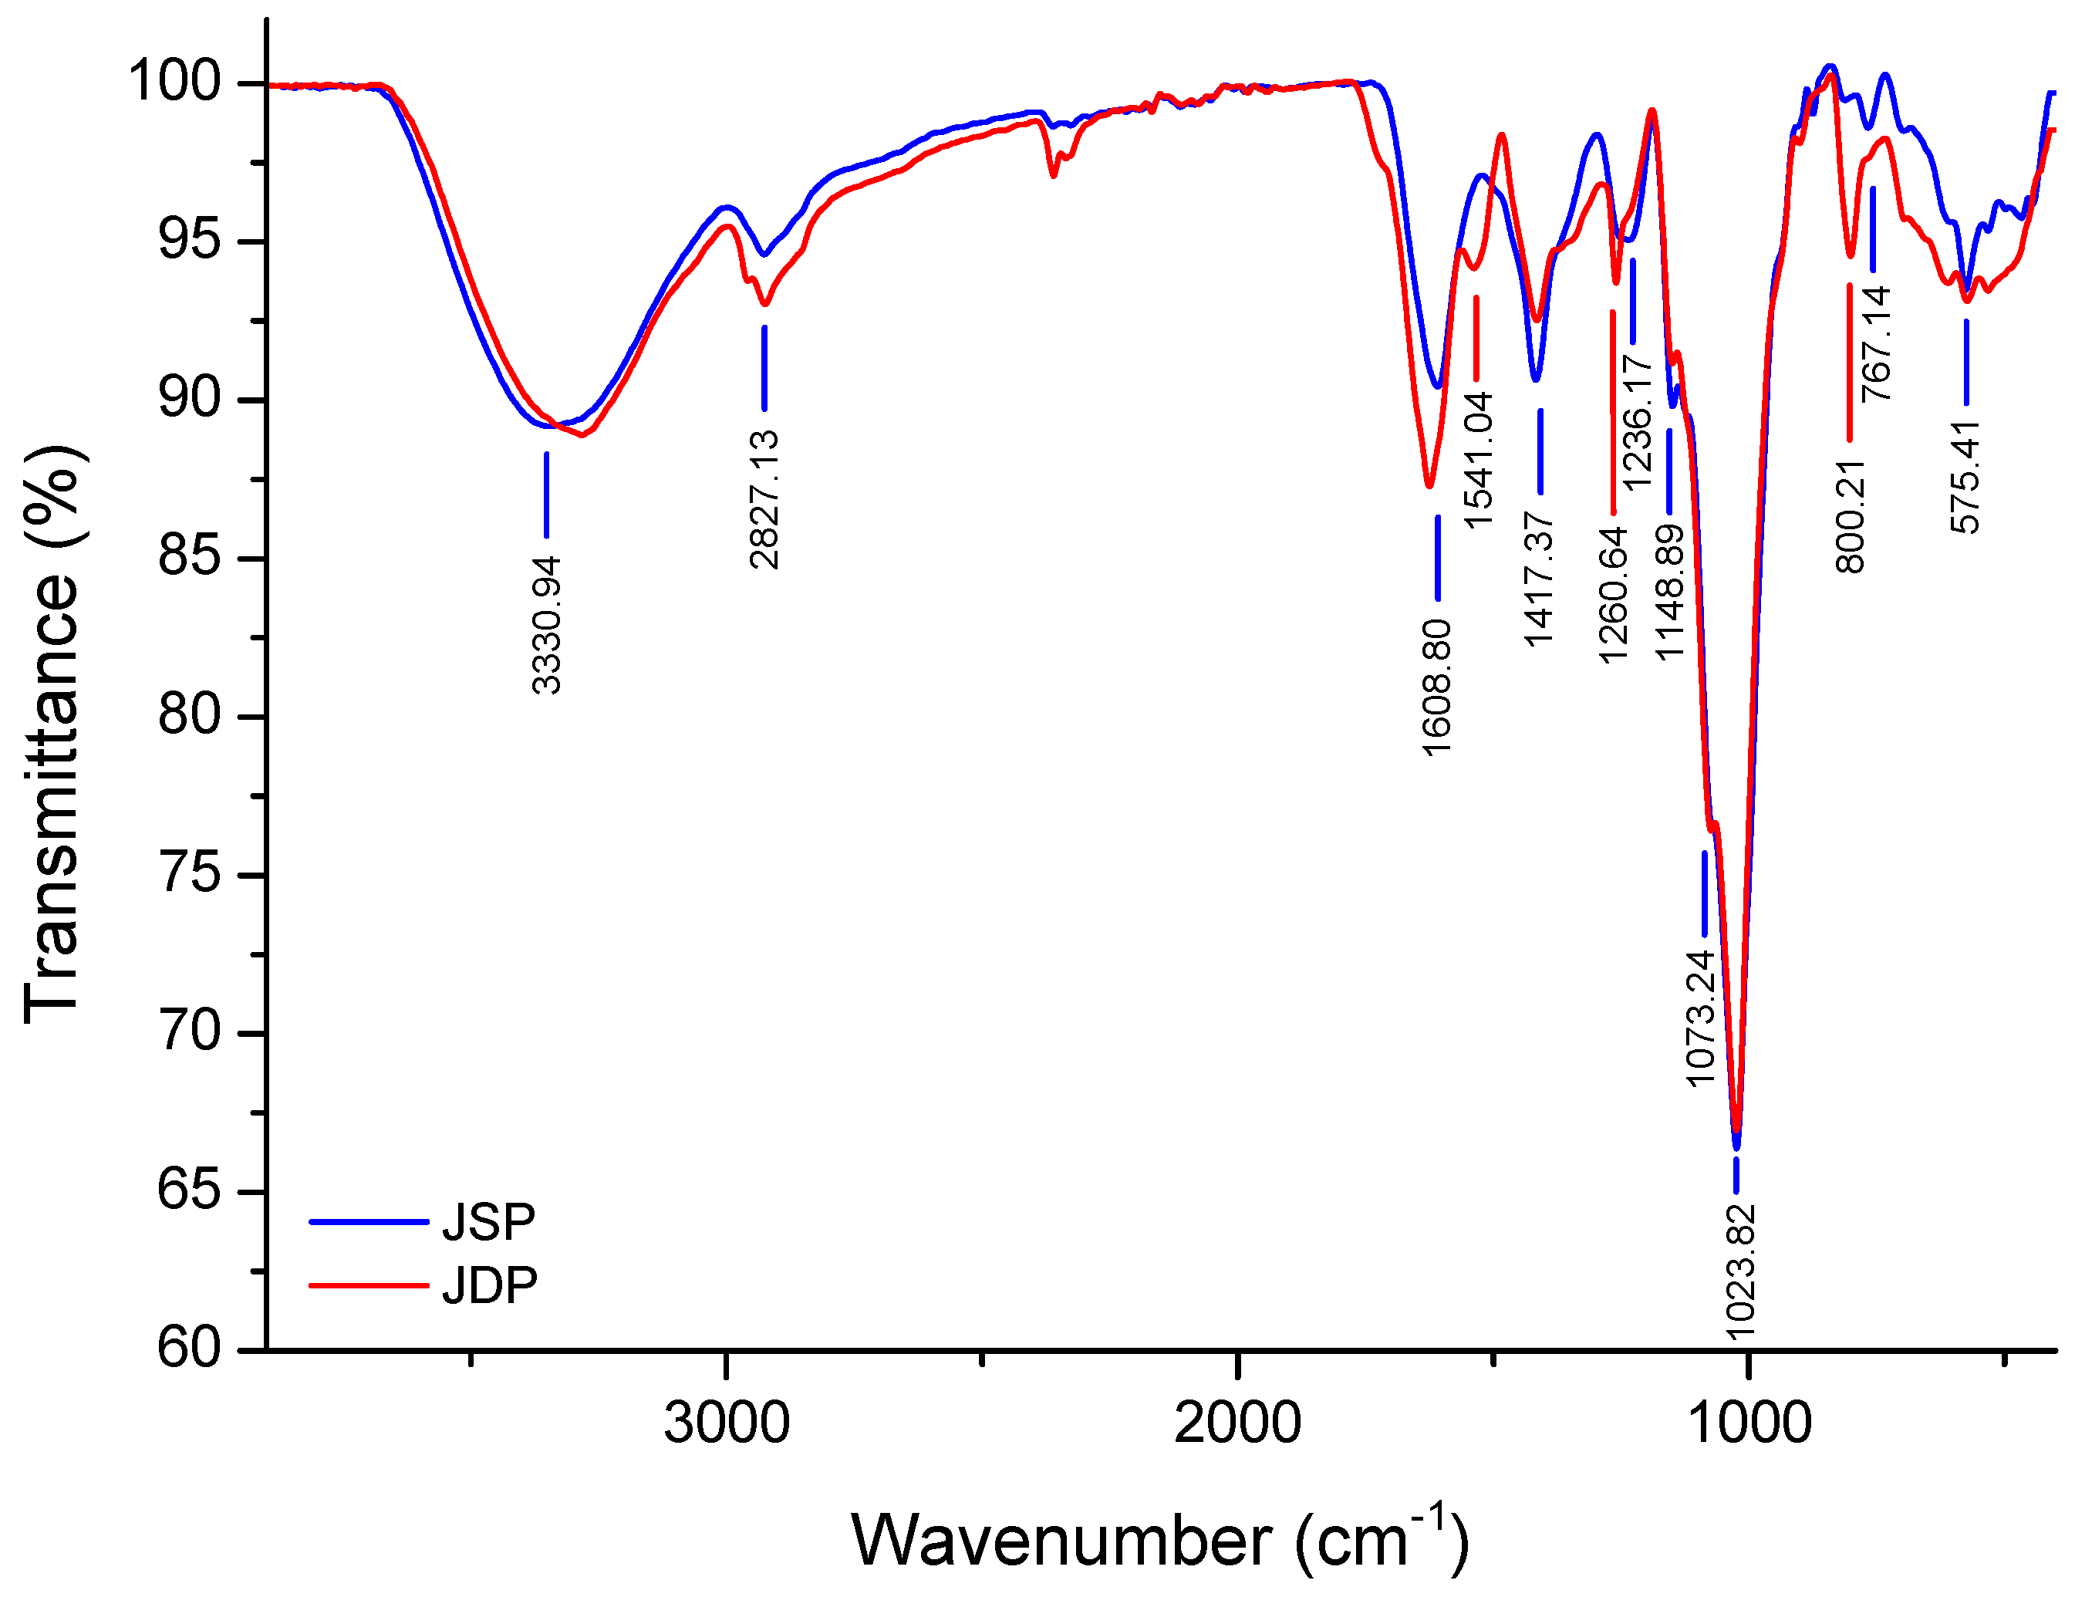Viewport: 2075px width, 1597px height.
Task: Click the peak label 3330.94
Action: (546, 625)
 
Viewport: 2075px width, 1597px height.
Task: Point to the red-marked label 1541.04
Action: (1479, 460)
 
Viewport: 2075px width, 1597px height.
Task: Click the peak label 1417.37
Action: (1538, 579)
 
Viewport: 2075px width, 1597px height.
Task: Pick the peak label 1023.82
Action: (1739, 1271)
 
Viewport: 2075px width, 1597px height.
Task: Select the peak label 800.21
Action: (1850, 517)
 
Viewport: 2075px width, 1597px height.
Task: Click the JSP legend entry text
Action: (488, 1222)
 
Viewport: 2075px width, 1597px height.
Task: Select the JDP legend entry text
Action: (489, 1285)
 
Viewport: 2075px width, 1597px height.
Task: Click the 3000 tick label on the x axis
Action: (726, 1422)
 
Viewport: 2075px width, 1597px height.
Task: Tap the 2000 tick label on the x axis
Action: (1237, 1422)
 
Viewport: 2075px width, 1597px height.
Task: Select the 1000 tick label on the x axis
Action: (1749, 1422)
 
